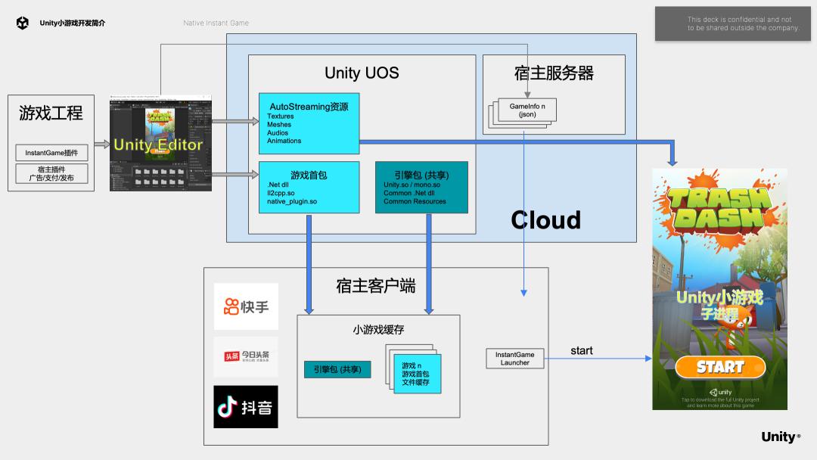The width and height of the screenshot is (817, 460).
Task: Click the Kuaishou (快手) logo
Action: click(x=246, y=306)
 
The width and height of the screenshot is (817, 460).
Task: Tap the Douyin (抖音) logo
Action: click(x=245, y=407)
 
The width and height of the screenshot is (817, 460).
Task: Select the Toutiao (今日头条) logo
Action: click(x=246, y=356)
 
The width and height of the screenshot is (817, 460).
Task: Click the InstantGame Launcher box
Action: click(x=514, y=359)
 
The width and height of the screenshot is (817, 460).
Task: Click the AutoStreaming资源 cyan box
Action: click(x=308, y=123)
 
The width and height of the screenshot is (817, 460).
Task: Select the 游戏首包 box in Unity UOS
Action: click(x=308, y=188)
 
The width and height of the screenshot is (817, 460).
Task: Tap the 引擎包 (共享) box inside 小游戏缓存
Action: click(x=337, y=370)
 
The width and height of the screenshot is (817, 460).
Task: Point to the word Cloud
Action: click(x=545, y=219)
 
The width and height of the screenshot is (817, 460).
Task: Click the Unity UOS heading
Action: click(x=362, y=73)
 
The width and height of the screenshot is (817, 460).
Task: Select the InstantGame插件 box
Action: click(x=51, y=153)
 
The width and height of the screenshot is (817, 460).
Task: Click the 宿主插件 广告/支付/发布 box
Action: click(x=51, y=174)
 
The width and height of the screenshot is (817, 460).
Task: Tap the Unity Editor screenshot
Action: click(x=160, y=143)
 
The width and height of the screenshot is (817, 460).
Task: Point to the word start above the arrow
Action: click(x=581, y=350)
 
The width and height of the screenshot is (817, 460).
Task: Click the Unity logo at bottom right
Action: click(x=780, y=437)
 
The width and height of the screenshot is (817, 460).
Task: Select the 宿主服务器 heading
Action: click(x=554, y=73)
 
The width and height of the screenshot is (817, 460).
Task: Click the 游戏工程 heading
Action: click(x=51, y=113)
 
